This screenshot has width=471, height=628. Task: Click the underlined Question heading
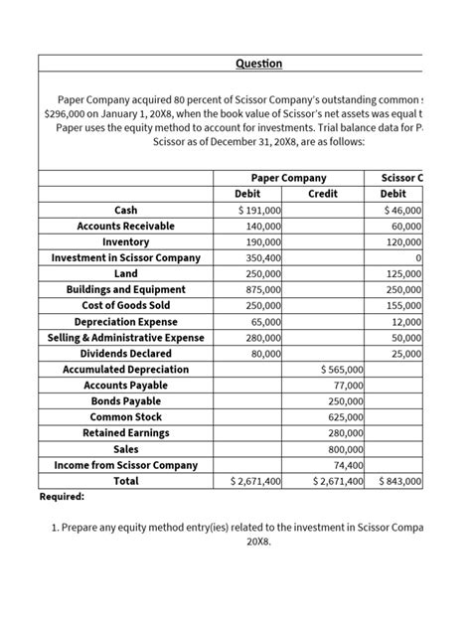(258, 64)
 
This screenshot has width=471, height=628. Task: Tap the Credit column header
(323, 194)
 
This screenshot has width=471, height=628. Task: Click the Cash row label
(126, 210)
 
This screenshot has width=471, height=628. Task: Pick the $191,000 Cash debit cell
(258, 210)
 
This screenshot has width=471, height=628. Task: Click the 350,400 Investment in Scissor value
(262, 257)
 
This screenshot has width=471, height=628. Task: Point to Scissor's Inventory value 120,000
(403, 241)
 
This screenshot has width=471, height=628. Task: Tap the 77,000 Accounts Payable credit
(348, 385)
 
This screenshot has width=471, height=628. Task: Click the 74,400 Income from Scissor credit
(348, 464)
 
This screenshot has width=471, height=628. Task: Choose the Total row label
(126, 481)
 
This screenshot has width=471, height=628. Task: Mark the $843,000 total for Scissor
(401, 481)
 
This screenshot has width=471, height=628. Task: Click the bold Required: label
(62, 496)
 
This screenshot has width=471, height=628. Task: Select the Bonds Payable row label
(126, 400)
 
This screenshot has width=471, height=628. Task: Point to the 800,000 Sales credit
(345, 448)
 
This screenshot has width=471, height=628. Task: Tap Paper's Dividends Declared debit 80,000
(265, 353)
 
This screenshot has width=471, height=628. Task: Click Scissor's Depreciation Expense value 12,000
(406, 321)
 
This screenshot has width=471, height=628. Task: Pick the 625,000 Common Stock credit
(345, 416)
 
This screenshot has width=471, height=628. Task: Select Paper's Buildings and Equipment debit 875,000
(262, 289)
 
